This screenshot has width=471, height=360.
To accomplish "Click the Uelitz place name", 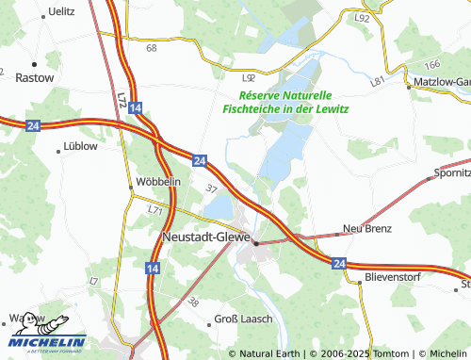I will (61, 10).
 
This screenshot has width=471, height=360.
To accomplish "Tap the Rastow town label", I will (35, 79).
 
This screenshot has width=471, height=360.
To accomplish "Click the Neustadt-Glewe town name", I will (205, 237).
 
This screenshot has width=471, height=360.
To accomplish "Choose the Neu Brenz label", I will (365, 229).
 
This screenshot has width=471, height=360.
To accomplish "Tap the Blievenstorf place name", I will (395, 279).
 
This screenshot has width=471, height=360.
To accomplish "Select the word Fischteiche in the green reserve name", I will (254, 109).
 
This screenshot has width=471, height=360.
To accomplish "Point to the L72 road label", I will (122, 96).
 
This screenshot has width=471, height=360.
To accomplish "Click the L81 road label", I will (379, 83).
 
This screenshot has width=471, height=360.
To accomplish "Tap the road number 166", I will (432, 65).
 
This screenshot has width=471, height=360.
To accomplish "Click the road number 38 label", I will (194, 303).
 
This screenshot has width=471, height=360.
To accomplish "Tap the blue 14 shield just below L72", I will (138, 109).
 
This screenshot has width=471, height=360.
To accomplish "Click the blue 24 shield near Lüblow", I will (32, 125).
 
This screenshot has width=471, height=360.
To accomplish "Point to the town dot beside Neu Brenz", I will (338, 233).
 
